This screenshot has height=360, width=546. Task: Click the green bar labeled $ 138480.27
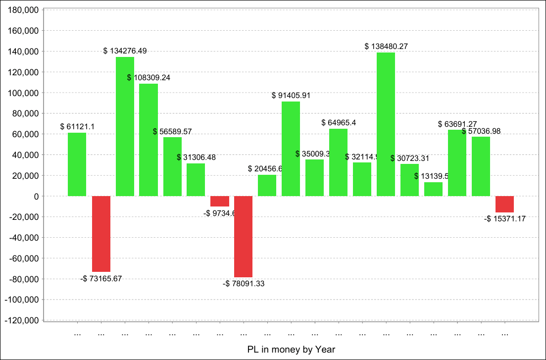[x=386, y=124]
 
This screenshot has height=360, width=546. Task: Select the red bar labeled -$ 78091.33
[x=243, y=236]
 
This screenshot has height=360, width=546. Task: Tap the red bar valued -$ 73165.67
[x=101, y=234]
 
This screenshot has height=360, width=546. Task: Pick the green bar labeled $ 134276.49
[x=125, y=126]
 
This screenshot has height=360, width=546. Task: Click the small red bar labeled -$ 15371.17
[x=504, y=204]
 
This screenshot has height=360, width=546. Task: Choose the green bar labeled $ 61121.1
[x=77, y=164]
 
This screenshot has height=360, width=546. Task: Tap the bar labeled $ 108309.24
[x=149, y=140]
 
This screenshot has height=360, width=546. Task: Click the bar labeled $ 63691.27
[x=457, y=163]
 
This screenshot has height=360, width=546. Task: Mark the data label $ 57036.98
[x=481, y=131]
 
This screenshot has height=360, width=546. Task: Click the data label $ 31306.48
[x=196, y=157]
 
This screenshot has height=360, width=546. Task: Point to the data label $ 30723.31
[x=410, y=158]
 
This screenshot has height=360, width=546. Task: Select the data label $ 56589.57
[x=172, y=132]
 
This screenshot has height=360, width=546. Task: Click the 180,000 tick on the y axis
[x=24, y=10]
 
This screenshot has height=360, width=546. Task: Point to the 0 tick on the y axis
[x=37, y=196]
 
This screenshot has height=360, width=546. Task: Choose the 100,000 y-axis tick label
[x=24, y=93]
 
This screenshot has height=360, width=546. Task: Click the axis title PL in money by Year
[x=291, y=350]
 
